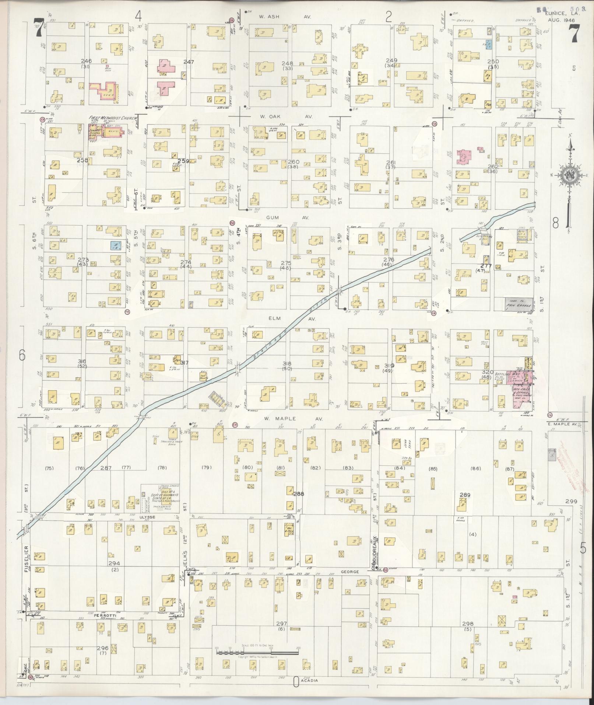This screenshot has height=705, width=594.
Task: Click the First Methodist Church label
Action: [112, 118]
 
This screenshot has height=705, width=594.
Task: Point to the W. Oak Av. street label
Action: [286, 116]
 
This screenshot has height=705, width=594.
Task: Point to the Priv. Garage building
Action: [519, 303]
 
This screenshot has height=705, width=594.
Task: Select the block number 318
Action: [287, 363]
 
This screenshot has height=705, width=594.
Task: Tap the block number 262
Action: [493, 167]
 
